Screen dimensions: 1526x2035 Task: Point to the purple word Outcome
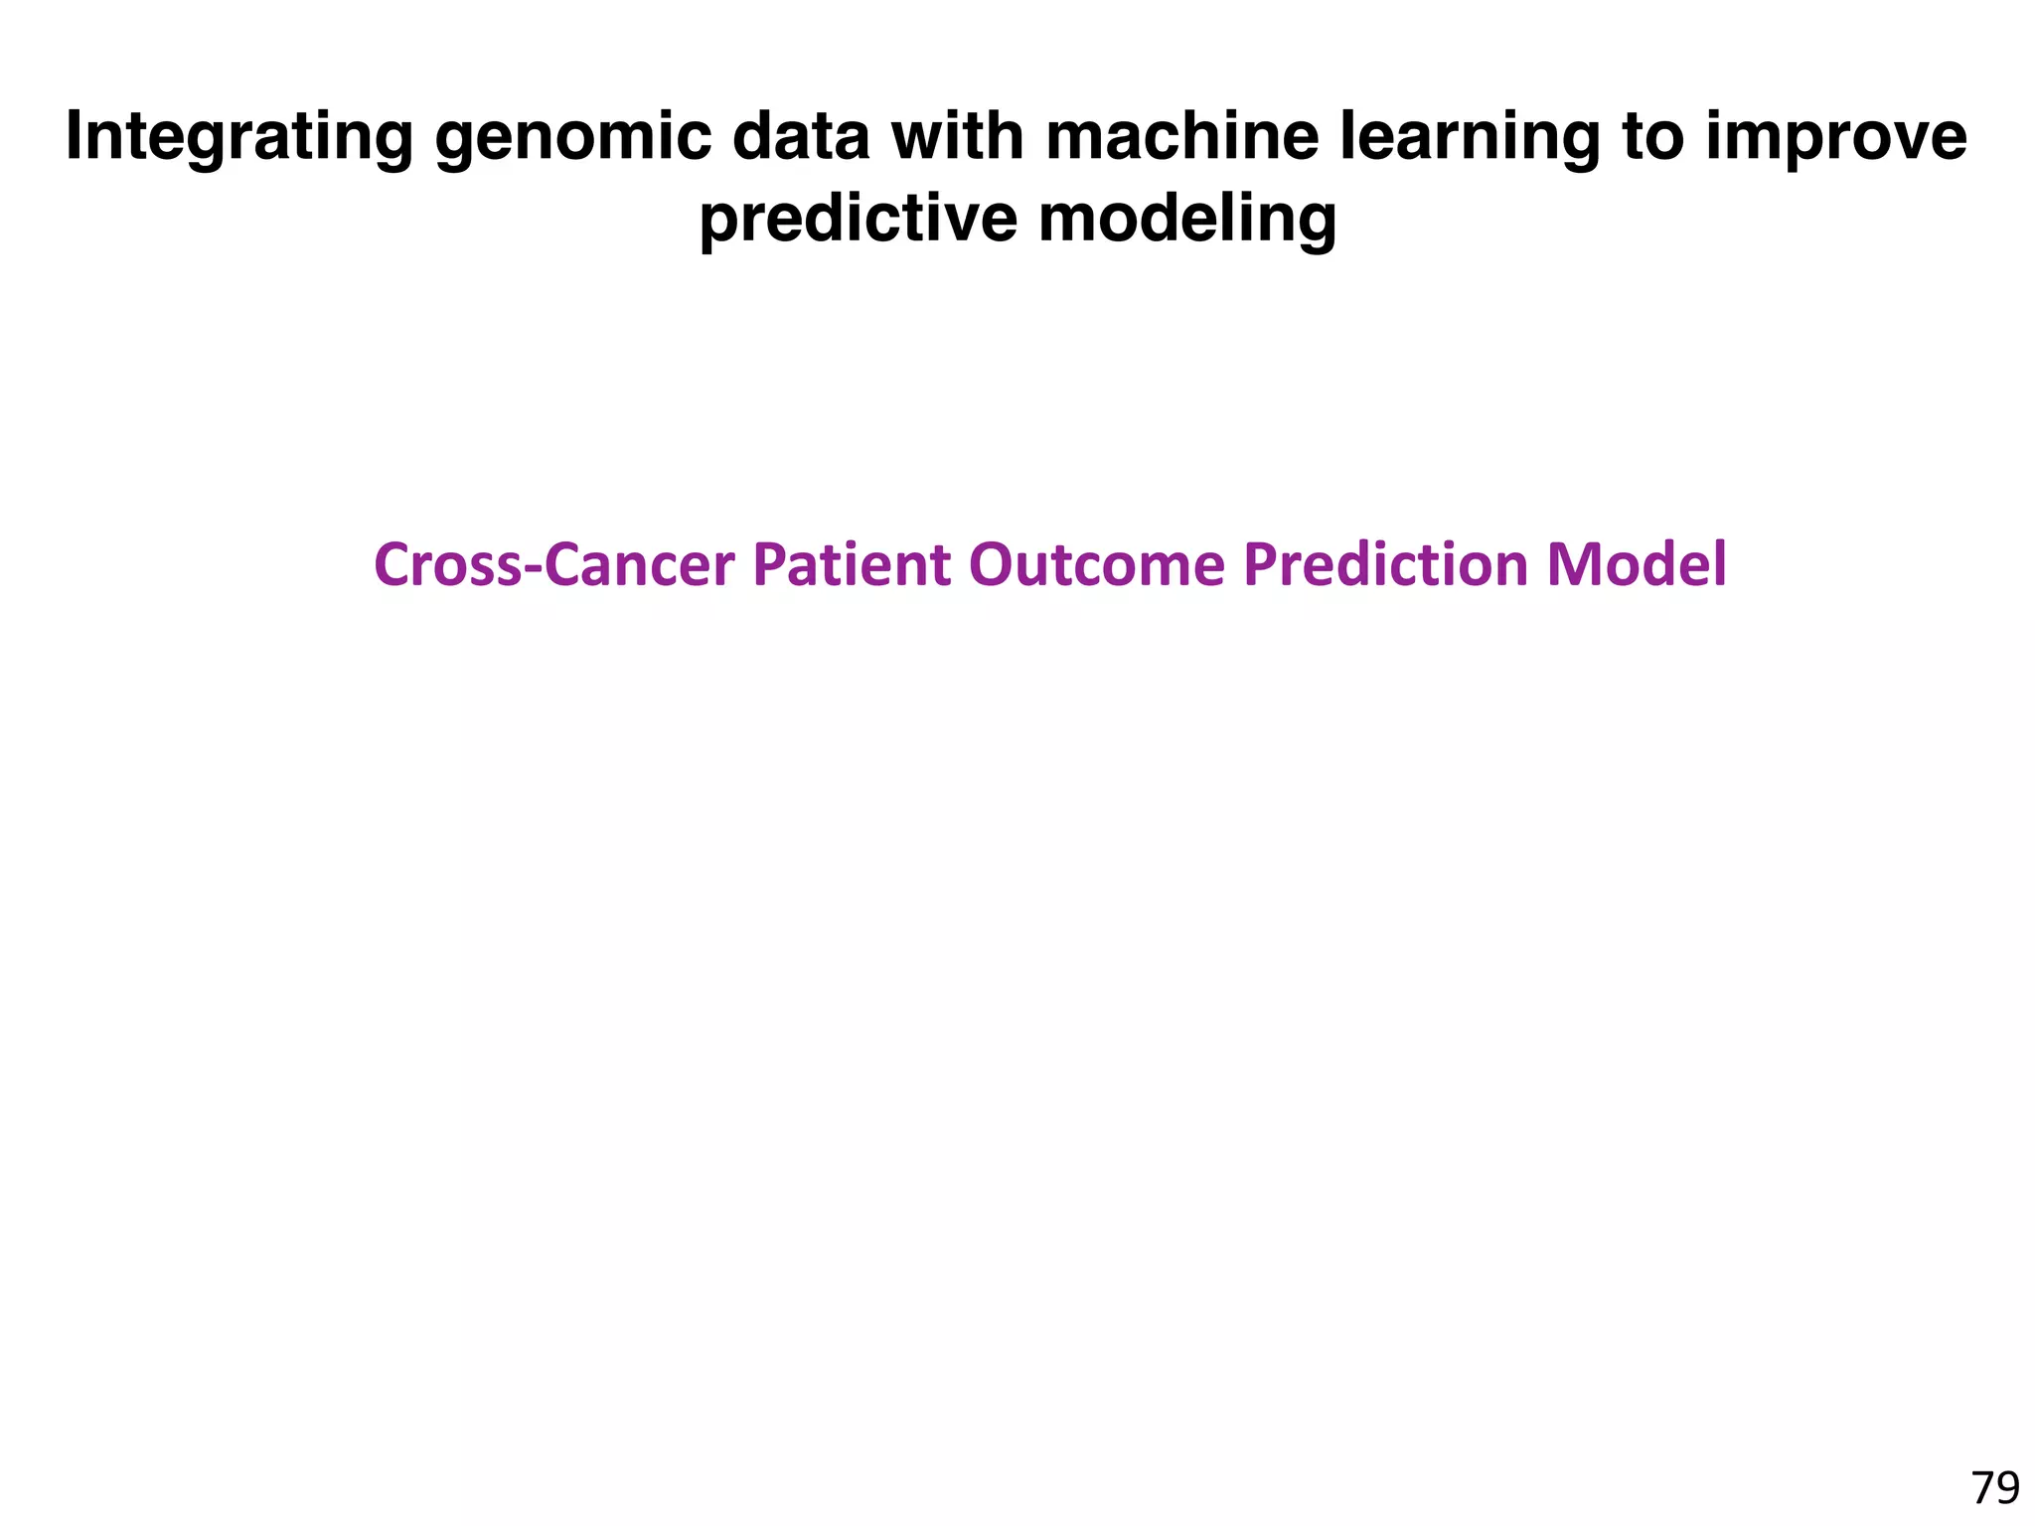(1097, 564)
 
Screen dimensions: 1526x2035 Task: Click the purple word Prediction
(1385, 564)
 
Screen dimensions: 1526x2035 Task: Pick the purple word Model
(1637, 564)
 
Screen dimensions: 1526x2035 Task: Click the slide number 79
(1994, 1488)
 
